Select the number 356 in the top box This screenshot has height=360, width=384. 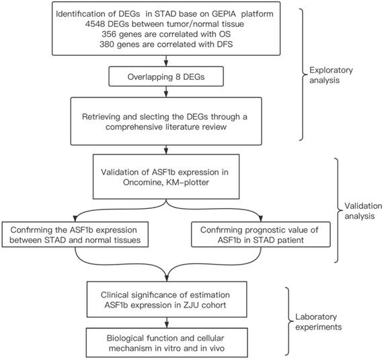point(109,34)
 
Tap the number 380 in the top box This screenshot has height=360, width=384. point(107,44)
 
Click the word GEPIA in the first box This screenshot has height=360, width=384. point(224,13)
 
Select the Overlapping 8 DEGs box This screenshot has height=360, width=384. point(166,77)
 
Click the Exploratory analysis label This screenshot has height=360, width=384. point(331,75)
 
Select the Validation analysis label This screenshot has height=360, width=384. point(363,211)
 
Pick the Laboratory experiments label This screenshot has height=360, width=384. point(318,322)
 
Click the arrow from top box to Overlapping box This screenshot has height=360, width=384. point(166,61)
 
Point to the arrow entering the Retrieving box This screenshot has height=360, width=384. point(166,92)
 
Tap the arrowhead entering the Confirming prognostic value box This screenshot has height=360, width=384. point(260,218)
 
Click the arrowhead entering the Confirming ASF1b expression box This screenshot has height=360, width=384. point(75,218)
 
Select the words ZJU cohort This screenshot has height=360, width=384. point(205,305)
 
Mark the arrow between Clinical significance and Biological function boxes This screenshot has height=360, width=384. point(167,323)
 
